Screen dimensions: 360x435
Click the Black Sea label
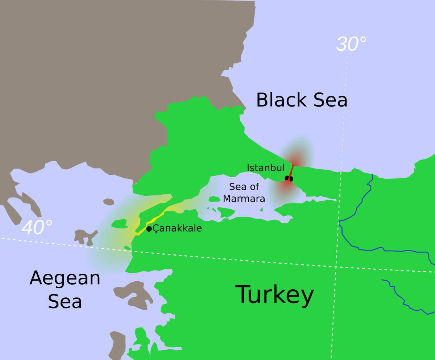(x=302, y=100)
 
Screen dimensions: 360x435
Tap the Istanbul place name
(x=266, y=168)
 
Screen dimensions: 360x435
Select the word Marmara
(x=244, y=199)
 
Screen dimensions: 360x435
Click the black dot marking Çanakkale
(x=149, y=229)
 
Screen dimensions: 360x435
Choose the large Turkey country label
(x=275, y=294)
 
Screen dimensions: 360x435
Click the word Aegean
(x=65, y=278)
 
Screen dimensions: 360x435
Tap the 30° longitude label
(x=351, y=44)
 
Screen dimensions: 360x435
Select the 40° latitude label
(x=37, y=228)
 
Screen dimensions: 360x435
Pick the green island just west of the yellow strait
(x=119, y=224)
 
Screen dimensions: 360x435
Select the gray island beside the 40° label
(x=85, y=237)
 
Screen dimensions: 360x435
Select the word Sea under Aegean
(x=65, y=302)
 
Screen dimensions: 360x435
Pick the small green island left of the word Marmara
(x=214, y=199)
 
